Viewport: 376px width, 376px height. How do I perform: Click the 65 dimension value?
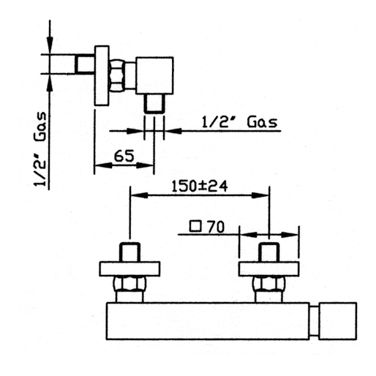point(124,156)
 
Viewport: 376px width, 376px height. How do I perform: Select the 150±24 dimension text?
point(200,187)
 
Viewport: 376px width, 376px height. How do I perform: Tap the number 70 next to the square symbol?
point(216,227)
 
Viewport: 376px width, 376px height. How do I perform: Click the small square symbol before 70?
point(195,226)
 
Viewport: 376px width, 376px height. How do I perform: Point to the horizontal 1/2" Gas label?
point(240,122)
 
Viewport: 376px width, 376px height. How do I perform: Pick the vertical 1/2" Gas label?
point(40,149)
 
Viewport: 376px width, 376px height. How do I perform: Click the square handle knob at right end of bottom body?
point(338,321)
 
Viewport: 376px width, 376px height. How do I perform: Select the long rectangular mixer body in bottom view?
point(208,321)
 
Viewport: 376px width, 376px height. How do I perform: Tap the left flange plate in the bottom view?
point(129,269)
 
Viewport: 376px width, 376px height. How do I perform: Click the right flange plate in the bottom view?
point(269,269)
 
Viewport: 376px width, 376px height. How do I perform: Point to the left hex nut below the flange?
point(129,284)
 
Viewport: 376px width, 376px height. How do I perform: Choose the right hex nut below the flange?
point(269,284)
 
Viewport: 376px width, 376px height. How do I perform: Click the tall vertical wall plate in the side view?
point(102,75)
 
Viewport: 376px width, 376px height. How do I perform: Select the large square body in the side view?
point(154,75)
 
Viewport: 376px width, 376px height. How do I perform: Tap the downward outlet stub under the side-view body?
point(154,104)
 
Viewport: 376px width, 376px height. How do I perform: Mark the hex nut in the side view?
point(117,75)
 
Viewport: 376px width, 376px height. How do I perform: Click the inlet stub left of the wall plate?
point(85,64)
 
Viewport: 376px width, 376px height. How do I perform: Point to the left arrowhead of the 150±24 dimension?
point(139,195)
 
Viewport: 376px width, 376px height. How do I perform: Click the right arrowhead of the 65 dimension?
point(145,165)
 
